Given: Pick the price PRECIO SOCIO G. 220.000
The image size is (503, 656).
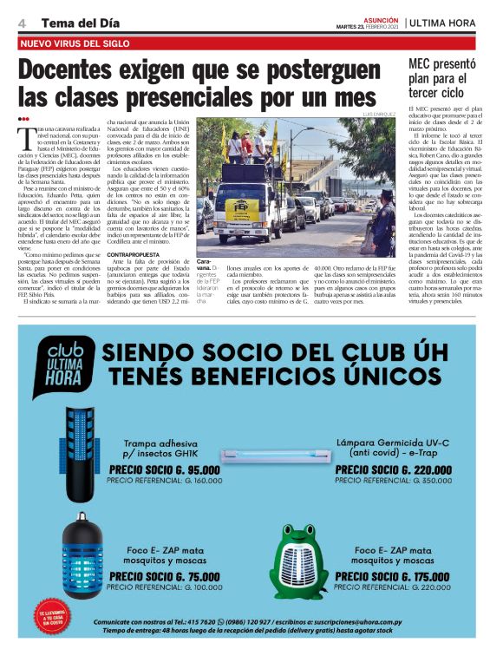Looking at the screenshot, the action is (x=392, y=469).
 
